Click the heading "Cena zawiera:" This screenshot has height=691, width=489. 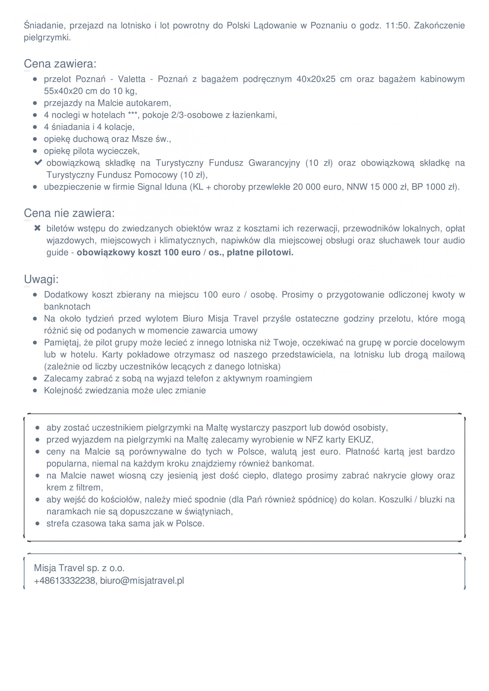click(60, 64)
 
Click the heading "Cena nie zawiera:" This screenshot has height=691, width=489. click(69, 213)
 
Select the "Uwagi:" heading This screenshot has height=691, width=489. click(41, 279)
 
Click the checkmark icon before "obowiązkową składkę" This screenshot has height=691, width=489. click(38, 162)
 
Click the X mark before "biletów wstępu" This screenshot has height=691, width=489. click(37, 228)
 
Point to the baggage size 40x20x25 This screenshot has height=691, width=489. click(316, 79)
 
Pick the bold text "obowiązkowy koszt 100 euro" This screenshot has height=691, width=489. click(139, 252)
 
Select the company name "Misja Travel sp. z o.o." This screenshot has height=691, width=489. click(79, 568)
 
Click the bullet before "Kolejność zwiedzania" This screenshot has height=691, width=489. click(35, 391)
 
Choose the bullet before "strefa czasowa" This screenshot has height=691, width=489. click(37, 524)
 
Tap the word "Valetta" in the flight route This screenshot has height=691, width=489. click(132, 79)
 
